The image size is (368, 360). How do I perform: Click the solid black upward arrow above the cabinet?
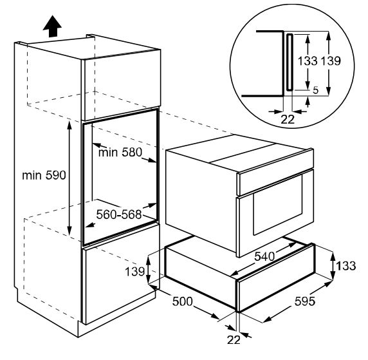coord(52,26)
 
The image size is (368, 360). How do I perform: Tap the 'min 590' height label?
coord(44,175)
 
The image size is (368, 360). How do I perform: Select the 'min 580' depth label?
coord(120,152)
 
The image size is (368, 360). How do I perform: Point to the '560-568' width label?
coord(119,214)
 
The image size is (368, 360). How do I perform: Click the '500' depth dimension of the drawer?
coord(182,301)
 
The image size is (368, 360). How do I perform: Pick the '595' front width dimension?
coord(305,301)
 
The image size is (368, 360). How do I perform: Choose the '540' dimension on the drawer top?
coord(264,256)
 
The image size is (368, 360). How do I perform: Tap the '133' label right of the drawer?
coord(346,266)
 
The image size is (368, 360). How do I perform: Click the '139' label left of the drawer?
coord(134,272)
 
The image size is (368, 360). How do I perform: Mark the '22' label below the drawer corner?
coord(234,340)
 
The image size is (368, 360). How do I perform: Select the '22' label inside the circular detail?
coord(288,120)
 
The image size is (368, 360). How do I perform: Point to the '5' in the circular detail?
coord(316,90)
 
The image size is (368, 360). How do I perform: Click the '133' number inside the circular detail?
coord(308,61)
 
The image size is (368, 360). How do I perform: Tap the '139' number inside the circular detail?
coord(331,61)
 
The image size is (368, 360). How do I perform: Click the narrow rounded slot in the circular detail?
coord(290,62)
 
